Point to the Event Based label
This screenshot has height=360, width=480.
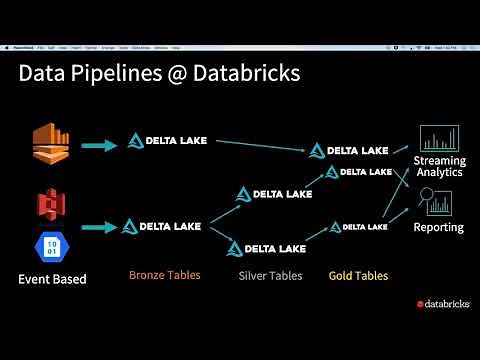[52, 279]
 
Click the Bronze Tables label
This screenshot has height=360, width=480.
[164, 274]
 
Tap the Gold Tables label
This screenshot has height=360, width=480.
[358, 275]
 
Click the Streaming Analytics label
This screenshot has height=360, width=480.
[439, 166]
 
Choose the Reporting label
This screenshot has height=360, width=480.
[439, 227]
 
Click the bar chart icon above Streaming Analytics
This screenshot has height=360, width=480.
[439, 138]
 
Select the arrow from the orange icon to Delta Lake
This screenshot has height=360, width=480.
[98, 145]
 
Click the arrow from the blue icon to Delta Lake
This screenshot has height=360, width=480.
[98, 226]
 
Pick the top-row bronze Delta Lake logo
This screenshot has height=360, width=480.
[167, 140]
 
